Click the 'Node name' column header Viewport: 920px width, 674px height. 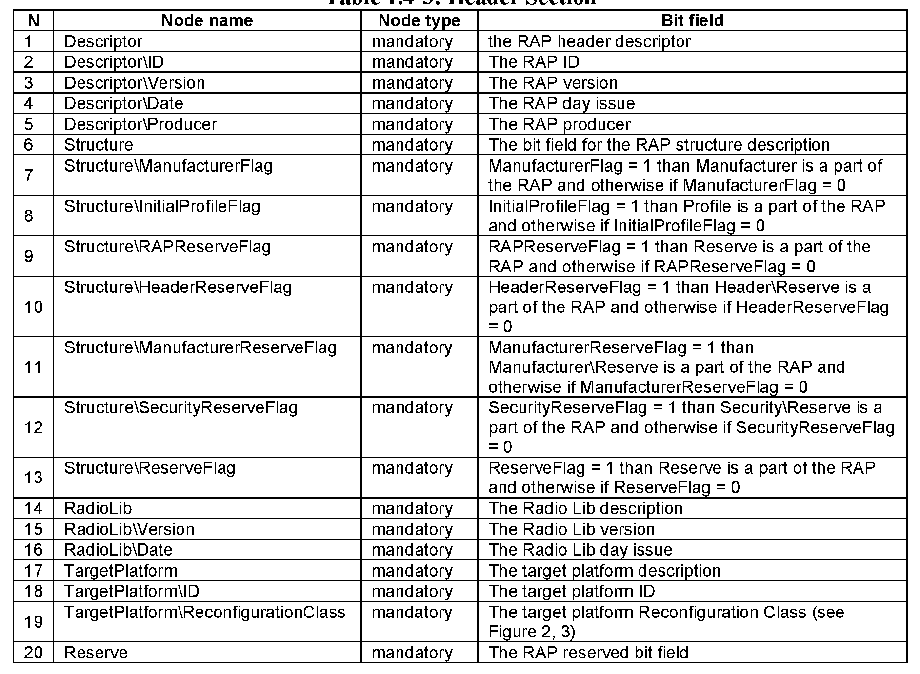pos(207,20)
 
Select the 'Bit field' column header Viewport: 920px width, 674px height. pos(692,20)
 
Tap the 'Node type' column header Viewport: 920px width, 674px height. pos(419,20)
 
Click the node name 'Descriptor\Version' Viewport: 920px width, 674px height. pos(135,83)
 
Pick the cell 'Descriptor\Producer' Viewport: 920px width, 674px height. pos(140,124)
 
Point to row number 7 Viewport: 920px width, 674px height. pos(29,175)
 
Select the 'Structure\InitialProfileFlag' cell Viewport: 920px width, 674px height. pos(162,206)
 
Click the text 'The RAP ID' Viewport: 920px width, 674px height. pos(534,62)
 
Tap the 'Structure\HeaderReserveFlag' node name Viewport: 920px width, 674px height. pos(178,287)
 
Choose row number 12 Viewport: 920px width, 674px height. pos(33,427)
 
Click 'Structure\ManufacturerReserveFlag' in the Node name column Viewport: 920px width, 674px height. pos(200,347)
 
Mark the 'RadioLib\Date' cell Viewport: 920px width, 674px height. pos(119,550)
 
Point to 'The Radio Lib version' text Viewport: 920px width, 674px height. pos(572,529)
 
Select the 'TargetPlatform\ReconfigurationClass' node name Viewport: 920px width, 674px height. pos(204,612)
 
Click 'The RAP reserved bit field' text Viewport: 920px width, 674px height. pos(588,653)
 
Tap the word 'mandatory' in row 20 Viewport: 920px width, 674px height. pos(412,653)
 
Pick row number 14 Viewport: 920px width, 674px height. pos(33,508)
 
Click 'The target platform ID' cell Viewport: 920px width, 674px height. pos(572,591)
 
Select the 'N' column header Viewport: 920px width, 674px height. pos(33,20)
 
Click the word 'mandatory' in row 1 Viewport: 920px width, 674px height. pos(412,41)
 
